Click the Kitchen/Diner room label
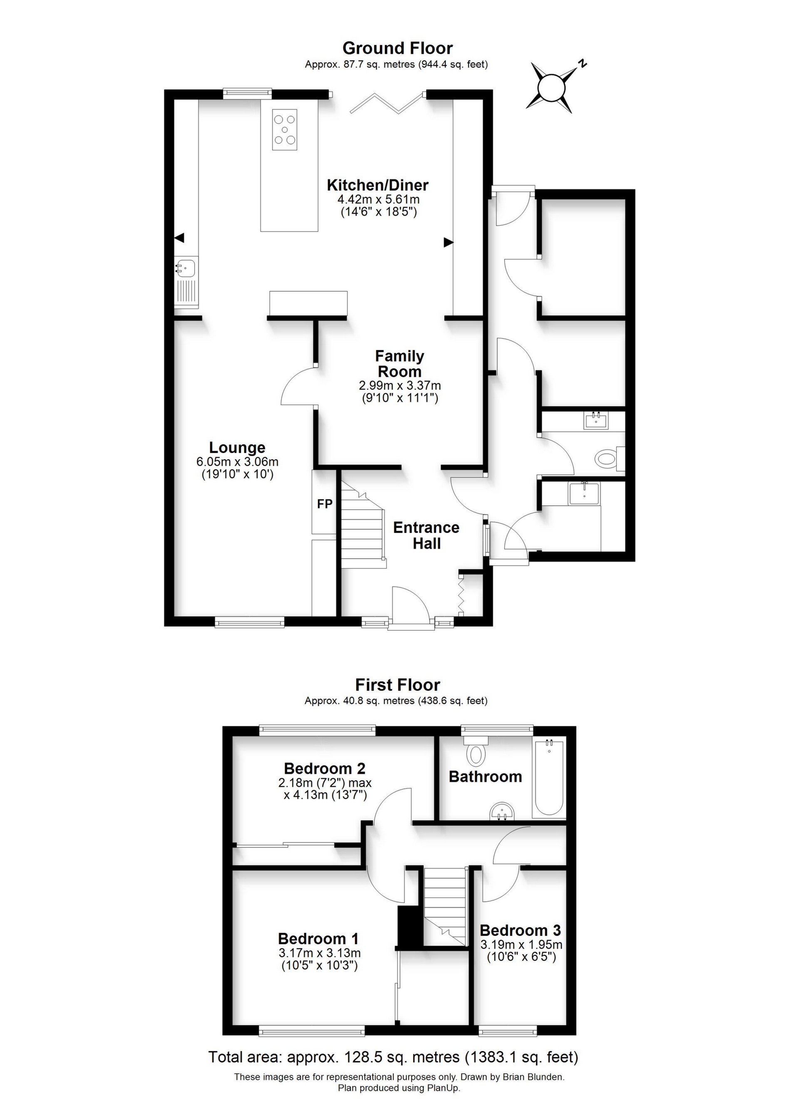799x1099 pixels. (x=377, y=185)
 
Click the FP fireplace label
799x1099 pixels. (x=325, y=504)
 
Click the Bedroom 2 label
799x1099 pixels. (x=325, y=768)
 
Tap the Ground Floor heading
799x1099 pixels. (x=397, y=48)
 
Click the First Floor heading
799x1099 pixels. (x=397, y=685)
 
